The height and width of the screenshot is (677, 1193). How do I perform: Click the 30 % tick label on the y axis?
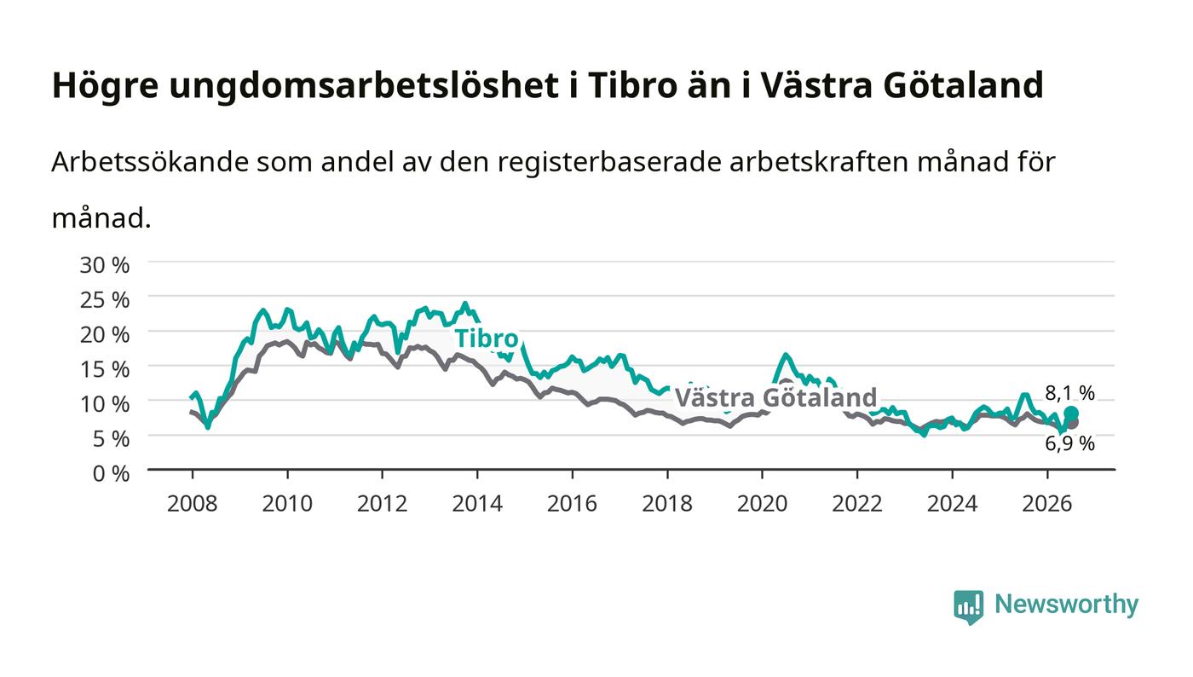[x=104, y=265]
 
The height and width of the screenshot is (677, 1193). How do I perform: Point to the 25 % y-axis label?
[x=104, y=300]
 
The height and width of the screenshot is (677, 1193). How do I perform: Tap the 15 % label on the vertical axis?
[x=104, y=369]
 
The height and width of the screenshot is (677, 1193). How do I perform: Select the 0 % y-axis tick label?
[x=111, y=473]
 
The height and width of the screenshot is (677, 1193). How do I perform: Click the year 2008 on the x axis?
[x=193, y=503]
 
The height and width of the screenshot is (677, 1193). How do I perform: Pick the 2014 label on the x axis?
[x=477, y=503]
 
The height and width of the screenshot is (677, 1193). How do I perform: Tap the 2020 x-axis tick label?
[x=762, y=503]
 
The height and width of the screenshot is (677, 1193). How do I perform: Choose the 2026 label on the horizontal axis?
[x=1047, y=503]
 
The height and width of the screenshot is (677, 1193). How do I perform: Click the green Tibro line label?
[x=487, y=338]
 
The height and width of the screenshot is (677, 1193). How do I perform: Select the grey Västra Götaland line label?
[x=776, y=397]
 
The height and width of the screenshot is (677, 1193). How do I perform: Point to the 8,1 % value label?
[x=1069, y=393]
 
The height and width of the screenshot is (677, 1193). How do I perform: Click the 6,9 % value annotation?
[x=1069, y=443]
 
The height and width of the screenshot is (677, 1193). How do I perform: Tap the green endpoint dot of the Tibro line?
[x=1071, y=414]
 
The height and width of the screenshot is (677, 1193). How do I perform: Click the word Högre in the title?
[x=106, y=85]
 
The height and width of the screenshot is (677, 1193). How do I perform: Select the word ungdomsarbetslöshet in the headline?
[x=364, y=85]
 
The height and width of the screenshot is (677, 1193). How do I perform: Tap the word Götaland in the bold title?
[x=964, y=85]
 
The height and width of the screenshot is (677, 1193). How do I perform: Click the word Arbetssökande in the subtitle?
[x=150, y=162]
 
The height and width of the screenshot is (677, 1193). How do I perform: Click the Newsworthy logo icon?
[x=969, y=606]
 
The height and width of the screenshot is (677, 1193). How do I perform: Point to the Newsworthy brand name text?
[x=1066, y=605]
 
